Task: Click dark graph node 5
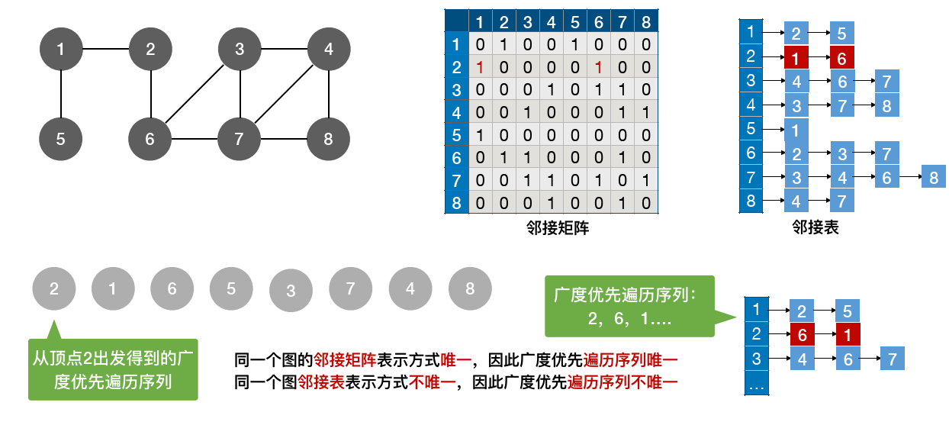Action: point(61,139)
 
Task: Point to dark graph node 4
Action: point(329,50)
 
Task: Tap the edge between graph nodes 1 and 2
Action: point(105,50)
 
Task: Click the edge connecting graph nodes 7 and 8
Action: point(285,140)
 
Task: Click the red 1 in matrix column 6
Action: point(600,67)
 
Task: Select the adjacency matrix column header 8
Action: point(646,21)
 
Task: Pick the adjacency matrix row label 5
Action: point(456,135)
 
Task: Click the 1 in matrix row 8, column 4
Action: point(552,203)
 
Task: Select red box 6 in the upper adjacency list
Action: point(841,56)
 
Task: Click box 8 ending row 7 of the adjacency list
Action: point(933,178)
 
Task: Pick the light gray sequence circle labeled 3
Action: point(291,291)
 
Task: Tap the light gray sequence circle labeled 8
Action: point(470,288)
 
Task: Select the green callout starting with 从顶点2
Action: point(112,369)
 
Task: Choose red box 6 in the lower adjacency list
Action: point(802,334)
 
